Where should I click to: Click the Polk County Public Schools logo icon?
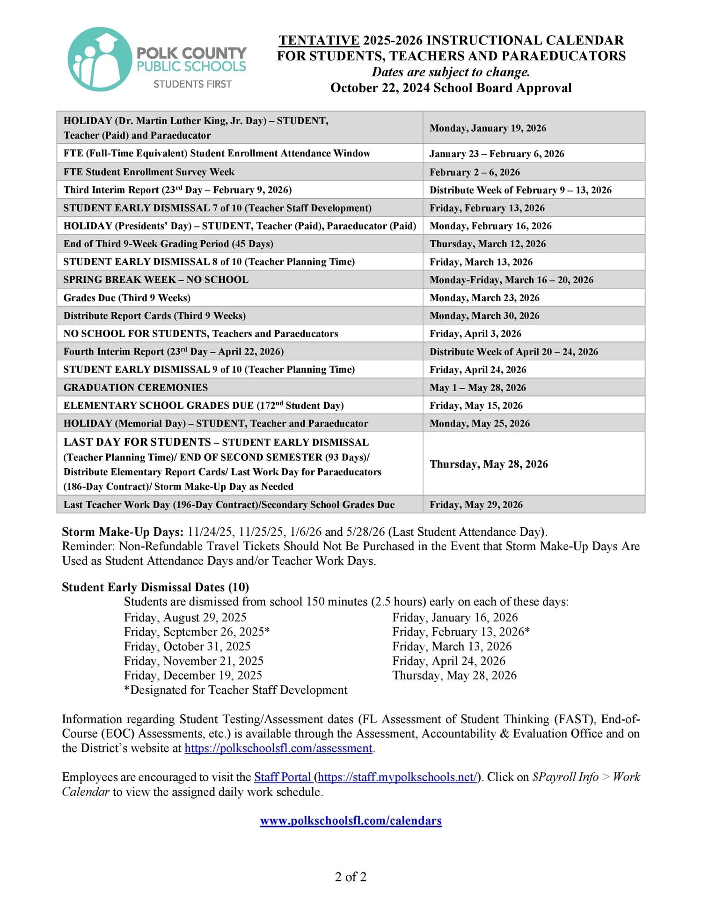coord(100,59)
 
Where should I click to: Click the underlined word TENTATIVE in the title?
coord(319,40)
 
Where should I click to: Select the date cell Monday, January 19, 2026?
coord(488,128)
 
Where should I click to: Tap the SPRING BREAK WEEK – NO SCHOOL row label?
coord(156,280)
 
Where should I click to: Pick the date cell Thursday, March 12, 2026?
coord(488,244)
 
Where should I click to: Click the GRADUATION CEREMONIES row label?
coord(136,387)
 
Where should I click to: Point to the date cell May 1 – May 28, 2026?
coord(477,388)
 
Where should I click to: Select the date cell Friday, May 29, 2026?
coord(476,505)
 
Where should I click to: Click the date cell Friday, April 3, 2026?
coord(475,334)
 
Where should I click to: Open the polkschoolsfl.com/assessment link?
coord(278,748)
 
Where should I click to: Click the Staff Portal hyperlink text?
coord(282,777)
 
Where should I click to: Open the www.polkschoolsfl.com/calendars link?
coord(351,820)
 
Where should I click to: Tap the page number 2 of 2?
coord(351,877)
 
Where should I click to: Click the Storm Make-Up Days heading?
coord(123,532)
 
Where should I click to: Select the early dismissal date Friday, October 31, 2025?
coord(187,646)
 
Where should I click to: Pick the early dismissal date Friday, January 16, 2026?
coord(455,617)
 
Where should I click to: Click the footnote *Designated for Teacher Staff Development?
coord(235,690)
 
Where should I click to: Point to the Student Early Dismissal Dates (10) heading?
coord(155,587)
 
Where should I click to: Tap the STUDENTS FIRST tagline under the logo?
coord(192,84)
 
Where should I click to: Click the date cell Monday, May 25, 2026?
coord(480,423)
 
